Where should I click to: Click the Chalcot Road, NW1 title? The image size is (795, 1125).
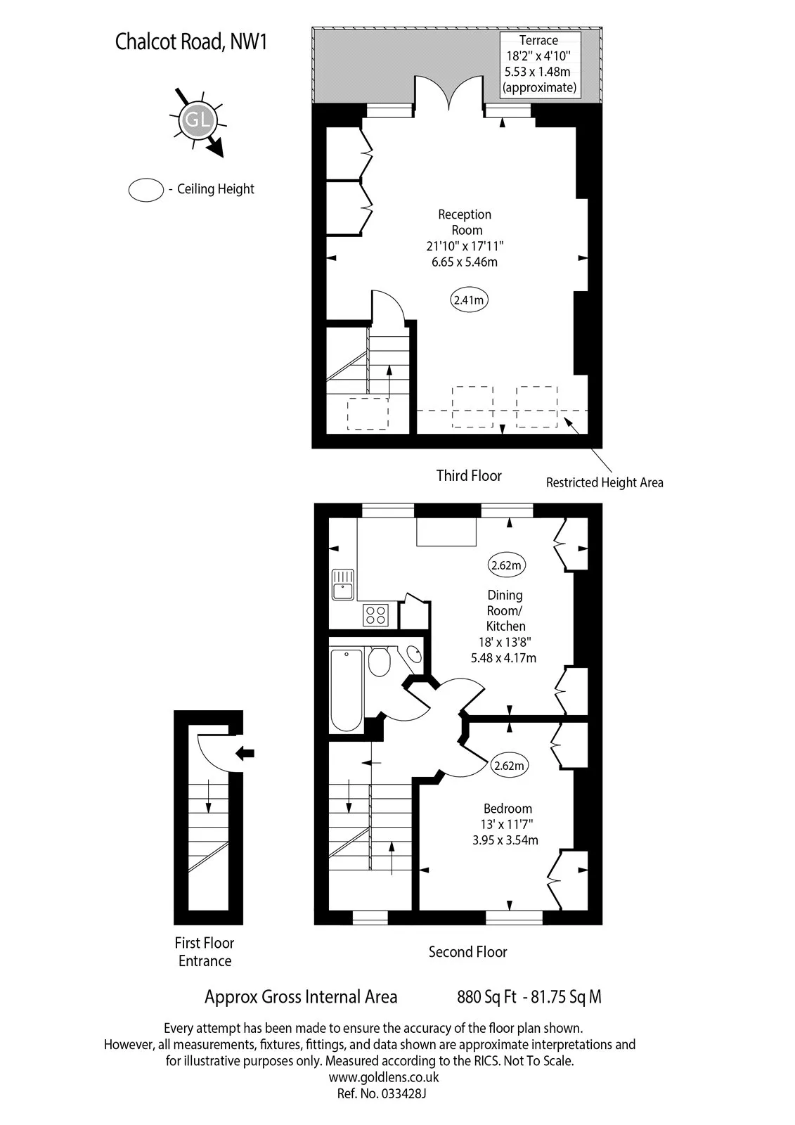[x=190, y=41]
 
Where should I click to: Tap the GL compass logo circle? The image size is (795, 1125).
[x=198, y=120]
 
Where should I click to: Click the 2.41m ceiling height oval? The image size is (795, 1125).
[x=469, y=300]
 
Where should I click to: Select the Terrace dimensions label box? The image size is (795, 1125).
[x=540, y=64]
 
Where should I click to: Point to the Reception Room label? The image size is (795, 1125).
[x=465, y=222]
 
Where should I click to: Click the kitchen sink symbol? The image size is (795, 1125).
[x=342, y=584]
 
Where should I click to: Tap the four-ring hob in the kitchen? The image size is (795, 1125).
[x=375, y=615]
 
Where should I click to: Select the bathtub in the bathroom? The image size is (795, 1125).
[x=346, y=690]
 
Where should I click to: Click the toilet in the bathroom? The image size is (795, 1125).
[x=379, y=662]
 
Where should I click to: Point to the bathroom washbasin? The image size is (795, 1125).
[x=414, y=655]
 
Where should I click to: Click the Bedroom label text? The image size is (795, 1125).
[x=508, y=808]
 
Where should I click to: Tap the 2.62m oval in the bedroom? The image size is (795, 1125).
[x=509, y=766]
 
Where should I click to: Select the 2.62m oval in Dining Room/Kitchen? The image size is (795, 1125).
[x=506, y=565]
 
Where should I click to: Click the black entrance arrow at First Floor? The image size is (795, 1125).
[x=245, y=752]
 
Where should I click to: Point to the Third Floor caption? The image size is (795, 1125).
[x=469, y=475]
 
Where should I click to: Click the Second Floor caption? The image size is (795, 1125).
[x=467, y=952]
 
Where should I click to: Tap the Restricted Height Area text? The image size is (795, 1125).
[x=605, y=482]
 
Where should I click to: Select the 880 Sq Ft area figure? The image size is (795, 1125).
[x=486, y=997]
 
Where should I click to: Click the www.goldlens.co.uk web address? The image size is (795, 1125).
[x=384, y=1076]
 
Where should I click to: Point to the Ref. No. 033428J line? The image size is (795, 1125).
[x=382, y=1093]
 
